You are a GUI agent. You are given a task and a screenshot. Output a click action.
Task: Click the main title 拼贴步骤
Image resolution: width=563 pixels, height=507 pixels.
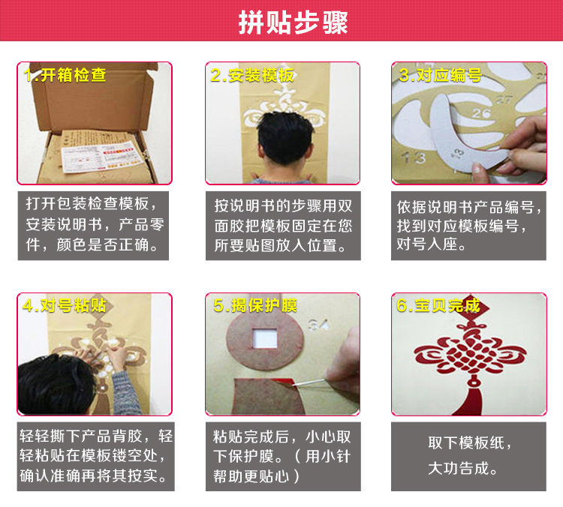tap(293, 22)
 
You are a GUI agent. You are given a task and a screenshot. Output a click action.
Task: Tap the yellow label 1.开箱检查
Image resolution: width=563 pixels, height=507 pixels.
tap(65, 75)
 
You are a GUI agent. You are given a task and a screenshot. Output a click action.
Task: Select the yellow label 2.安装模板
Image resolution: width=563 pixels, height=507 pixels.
tap(252, 75)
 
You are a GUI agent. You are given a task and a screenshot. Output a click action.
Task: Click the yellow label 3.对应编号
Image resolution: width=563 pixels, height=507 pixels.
tap(440, 75)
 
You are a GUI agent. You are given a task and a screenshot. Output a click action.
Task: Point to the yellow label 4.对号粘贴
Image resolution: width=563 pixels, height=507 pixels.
tap(65, 306)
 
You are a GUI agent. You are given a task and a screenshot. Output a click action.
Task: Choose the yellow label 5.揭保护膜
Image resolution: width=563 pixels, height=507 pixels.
tap(255, 306)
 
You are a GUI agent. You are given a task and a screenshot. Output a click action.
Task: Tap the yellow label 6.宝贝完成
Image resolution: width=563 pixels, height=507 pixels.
tap(438, 306)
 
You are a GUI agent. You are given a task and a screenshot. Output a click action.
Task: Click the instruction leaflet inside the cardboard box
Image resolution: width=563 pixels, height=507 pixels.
tap(102, 157)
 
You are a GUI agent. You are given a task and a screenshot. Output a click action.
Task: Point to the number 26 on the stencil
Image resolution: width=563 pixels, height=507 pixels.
tap(481, 114)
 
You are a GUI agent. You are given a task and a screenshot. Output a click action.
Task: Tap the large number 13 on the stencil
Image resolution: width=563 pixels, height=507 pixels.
tap(414, 158)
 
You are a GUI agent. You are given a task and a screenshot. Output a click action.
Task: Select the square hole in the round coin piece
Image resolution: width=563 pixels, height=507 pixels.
tap(265, 338)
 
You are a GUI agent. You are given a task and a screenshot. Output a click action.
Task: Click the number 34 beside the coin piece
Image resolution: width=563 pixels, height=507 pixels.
tap(318, 325)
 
